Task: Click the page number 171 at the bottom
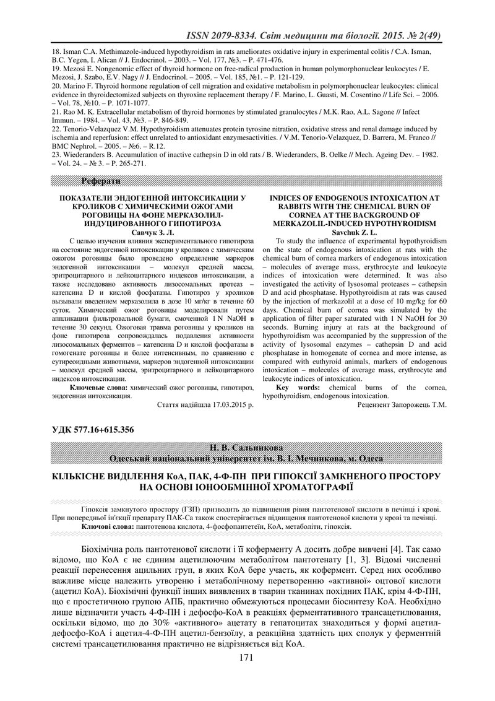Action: (x=247, y=674)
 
